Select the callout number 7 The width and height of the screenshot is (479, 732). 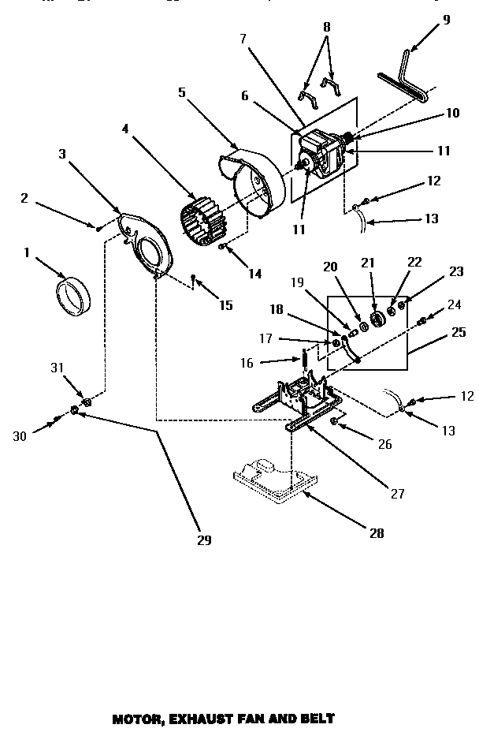(x=243, y=39)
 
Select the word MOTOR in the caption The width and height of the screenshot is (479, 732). (x=136, y=719)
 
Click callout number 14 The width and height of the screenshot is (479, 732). (x=253, y=274)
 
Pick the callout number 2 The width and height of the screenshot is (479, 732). (x=24, y=198)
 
